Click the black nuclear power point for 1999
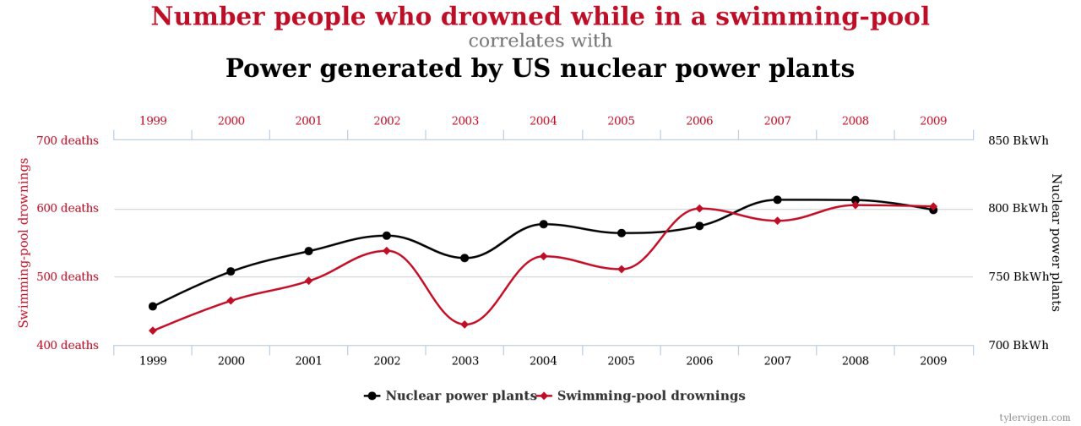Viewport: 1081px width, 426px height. click(153, 306)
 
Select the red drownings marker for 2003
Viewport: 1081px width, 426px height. click(464, 325)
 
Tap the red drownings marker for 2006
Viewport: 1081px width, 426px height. click(699, 208)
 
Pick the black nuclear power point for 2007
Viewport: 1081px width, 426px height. click(777, 199)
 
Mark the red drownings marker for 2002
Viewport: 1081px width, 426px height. click(387, 250)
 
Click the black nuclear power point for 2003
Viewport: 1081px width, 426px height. click(464, 258)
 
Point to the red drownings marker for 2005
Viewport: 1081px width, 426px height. click(621, 269)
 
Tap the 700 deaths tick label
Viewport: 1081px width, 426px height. click(67, 140)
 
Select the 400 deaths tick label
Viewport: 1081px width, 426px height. click(67, 345)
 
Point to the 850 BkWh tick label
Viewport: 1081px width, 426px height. click(1018, 140)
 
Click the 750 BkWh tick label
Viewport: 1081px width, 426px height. click(1018, 276)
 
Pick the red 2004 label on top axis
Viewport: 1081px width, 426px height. click(543, 121)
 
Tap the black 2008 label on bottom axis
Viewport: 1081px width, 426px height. click(855, 361)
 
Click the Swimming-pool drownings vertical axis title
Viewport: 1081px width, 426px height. click(24, 243)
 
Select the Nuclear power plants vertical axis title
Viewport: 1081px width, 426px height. click(1056, 243)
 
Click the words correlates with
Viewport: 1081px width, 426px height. click(540, 41)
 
